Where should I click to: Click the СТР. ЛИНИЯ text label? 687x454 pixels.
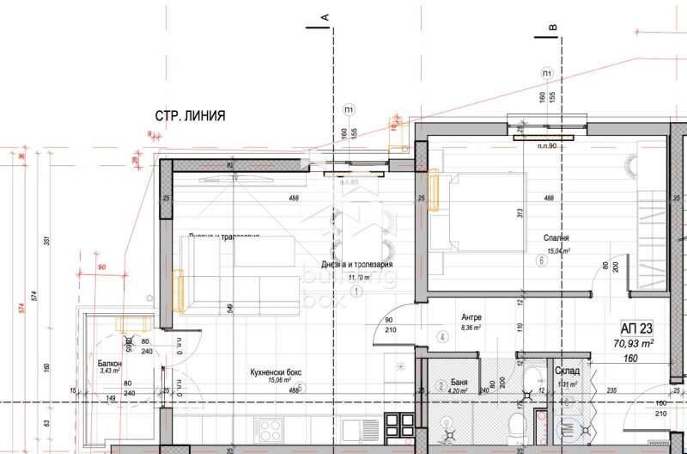[190, 116]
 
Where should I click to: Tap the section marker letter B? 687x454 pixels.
[553, 28]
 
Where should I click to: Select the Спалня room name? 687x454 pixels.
[556, 238]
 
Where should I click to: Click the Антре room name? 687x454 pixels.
[470, 316]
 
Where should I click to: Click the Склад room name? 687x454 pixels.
[567, 371]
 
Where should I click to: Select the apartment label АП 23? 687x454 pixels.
[637, 328]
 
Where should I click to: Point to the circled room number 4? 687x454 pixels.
[441, 337]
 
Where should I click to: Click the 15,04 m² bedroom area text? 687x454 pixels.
[559, 251]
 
